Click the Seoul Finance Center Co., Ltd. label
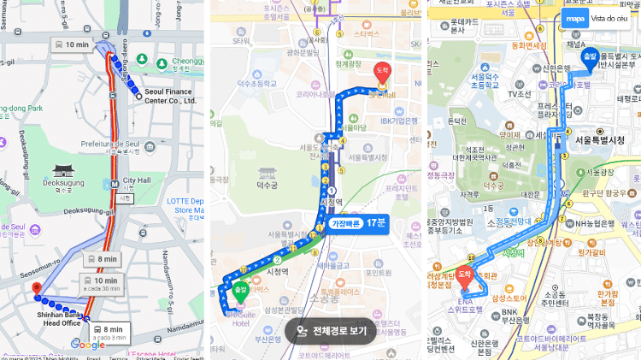(170, 94)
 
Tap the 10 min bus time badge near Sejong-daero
(72, 44)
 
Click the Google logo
(87, 345)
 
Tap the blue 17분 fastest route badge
(358, 222)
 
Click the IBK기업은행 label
(395, 121)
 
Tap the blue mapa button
(576, 18)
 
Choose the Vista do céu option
(610, 18)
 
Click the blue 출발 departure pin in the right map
(589, 57)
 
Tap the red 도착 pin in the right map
(464, 275)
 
